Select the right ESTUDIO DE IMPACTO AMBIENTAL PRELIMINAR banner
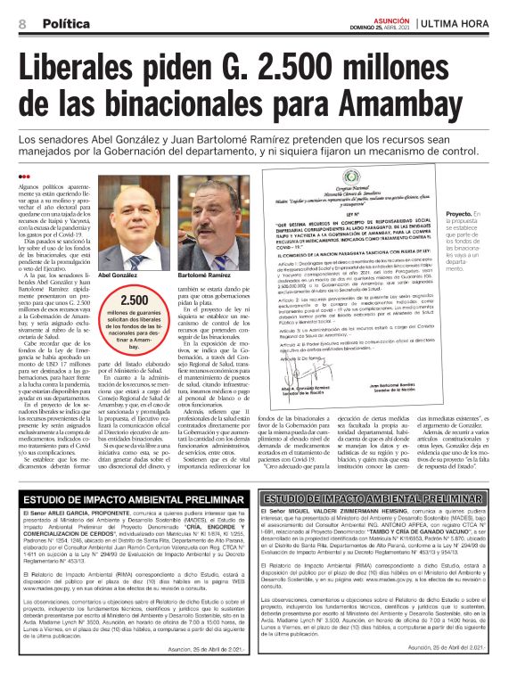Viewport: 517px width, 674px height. pos(383,498)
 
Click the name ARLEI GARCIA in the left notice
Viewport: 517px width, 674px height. pos(71,516)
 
